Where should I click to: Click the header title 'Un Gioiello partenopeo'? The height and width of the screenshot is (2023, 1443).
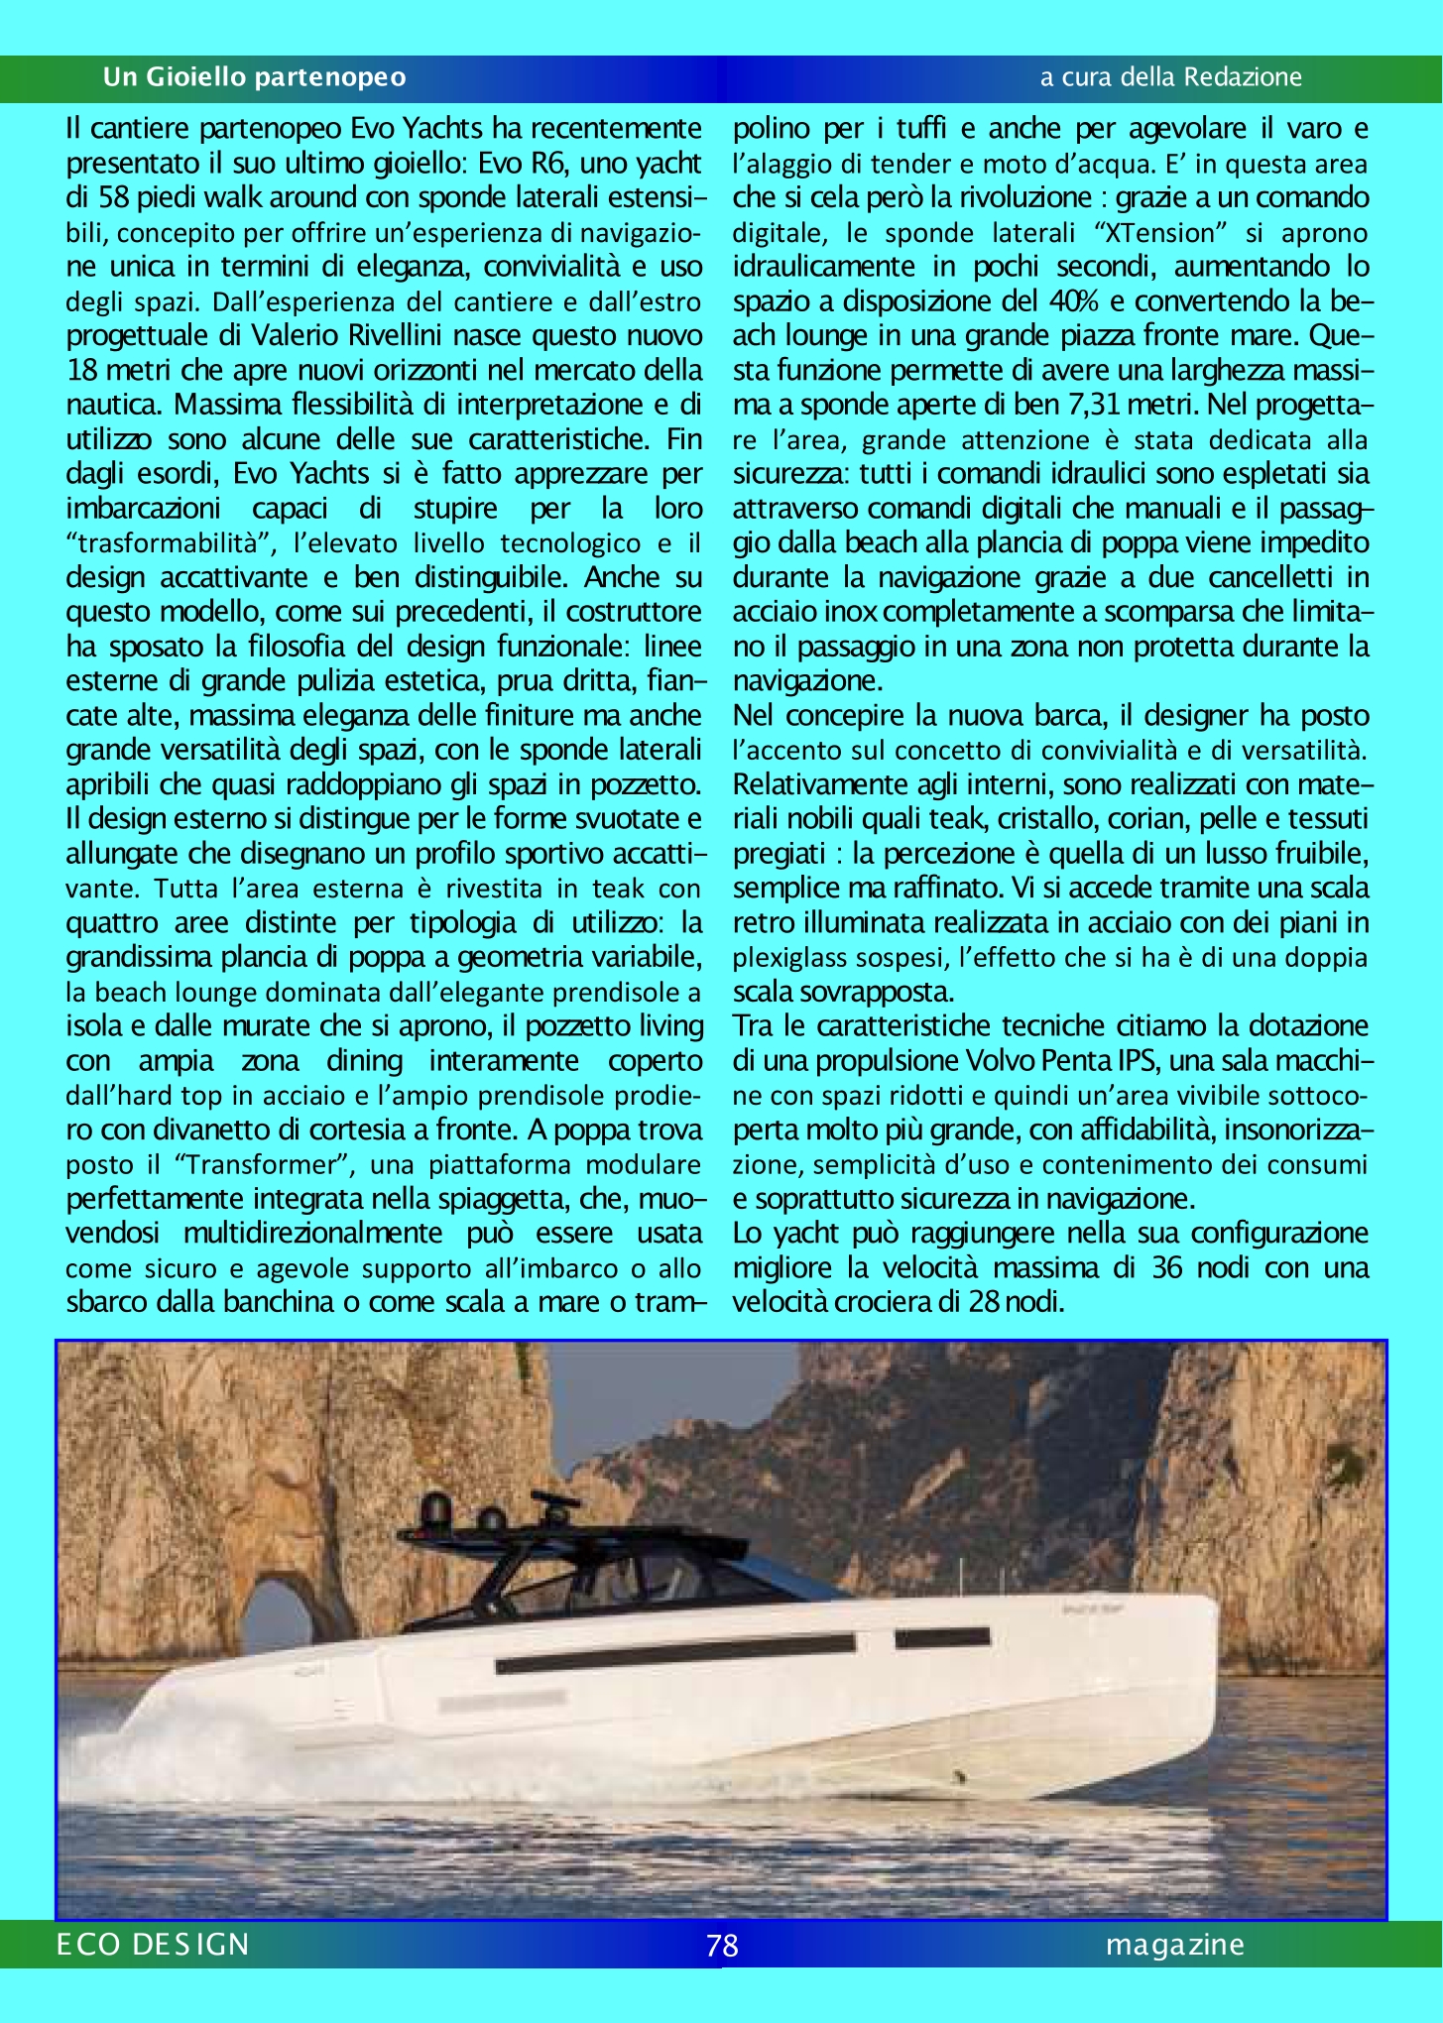click(x=254, y=77)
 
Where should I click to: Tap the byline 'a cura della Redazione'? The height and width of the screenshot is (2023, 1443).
click(x=1170, y=77)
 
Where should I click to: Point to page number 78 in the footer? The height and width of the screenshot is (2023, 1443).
click(x=722, y=1946)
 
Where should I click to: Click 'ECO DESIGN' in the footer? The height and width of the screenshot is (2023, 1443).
click(x=154, y=1945)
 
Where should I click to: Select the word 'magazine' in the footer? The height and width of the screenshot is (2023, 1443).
click(x=1175, y=1945)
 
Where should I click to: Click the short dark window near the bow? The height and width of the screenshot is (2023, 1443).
click(x=941, y=1637)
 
